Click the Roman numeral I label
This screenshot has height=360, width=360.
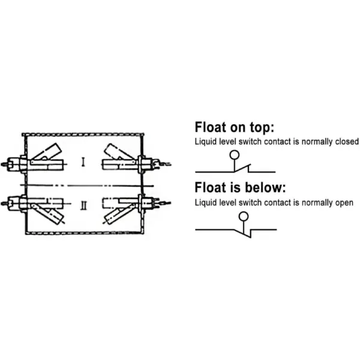(83, 162)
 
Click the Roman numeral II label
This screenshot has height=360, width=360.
(84, 205)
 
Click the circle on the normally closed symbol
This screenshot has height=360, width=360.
(235, 155)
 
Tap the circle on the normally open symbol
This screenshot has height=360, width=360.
(244, 216)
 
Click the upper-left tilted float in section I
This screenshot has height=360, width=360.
(47, 152)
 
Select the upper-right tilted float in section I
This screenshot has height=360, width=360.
(118, 152)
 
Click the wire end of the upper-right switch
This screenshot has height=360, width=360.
(166, 164)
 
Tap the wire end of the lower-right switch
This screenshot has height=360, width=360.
(166, 203)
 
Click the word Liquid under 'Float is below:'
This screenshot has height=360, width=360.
(202, 203)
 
